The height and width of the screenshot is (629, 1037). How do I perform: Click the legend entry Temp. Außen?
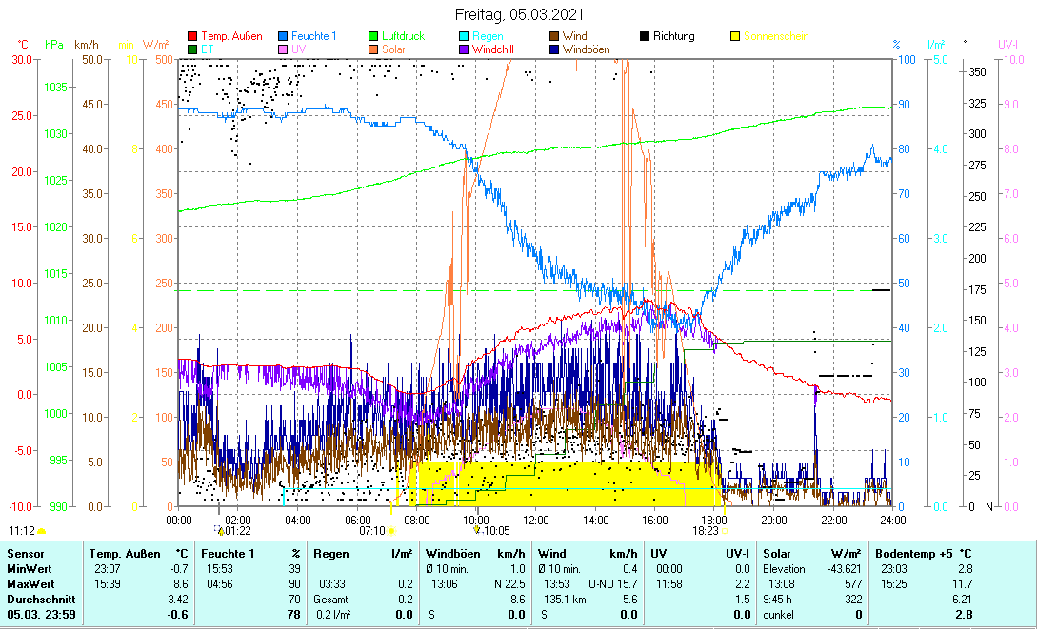pos(231,36)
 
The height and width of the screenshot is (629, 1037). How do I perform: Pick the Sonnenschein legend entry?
pos(776,36)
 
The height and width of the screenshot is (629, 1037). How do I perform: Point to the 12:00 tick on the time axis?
pos(536,521)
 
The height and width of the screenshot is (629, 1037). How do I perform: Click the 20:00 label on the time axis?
pos(774,521)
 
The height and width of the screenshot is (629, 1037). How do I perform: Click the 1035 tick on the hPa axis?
pos(53,87)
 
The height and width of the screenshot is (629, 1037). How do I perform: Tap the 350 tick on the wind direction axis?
pos(975,71)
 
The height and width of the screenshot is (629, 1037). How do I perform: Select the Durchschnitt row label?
pos(35,599)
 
